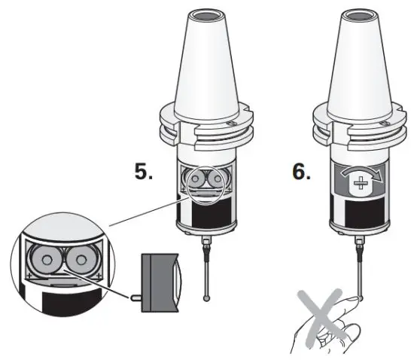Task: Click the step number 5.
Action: [x=144, y=172]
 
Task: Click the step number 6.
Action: [x=300, y=172]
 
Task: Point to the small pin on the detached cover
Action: [x=132, y=297]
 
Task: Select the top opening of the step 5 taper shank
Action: [x=207, y=14]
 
